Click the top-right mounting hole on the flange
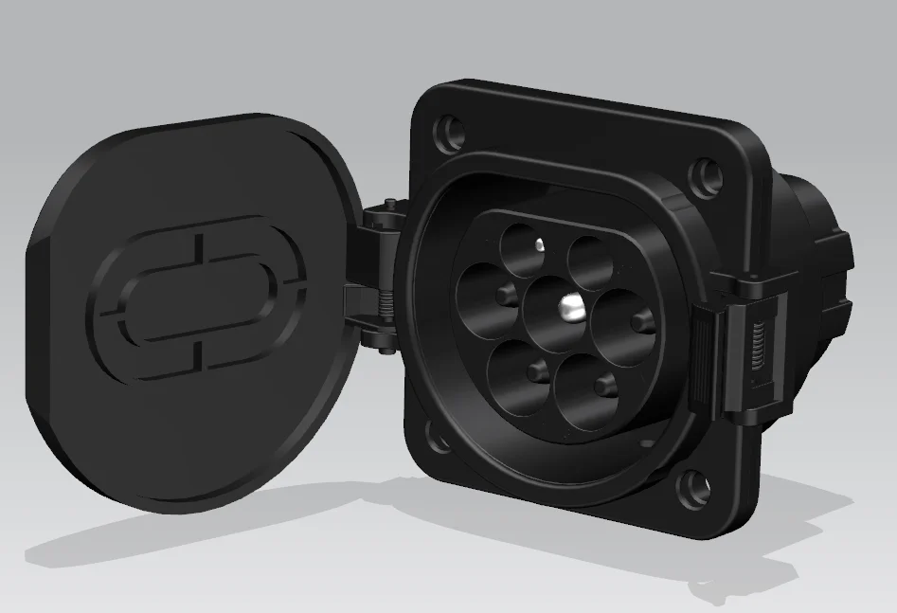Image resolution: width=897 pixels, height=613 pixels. pos(702,175)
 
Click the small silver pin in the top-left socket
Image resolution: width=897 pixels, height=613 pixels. pos(537,245)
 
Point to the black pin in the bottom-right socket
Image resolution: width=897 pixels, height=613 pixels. pos(603,384)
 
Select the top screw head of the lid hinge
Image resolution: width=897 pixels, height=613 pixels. pos(389,204)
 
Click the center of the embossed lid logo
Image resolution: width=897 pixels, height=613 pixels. pos(200,297)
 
